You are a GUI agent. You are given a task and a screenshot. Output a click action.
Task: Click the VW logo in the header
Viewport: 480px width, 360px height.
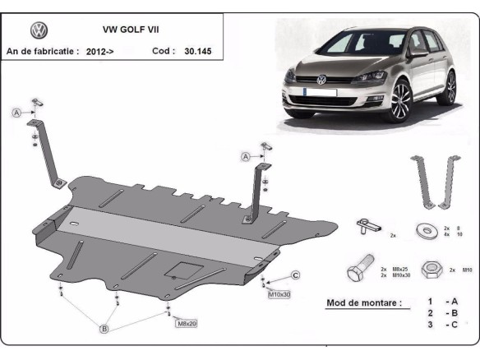coord(39,30)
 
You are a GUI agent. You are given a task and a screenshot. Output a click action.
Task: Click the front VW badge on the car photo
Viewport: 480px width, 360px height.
coord(322,80)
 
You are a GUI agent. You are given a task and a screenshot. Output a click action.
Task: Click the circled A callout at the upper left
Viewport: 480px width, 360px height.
coord(16,113)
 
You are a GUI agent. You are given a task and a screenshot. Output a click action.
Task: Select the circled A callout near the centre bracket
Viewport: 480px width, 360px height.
coord(245,156)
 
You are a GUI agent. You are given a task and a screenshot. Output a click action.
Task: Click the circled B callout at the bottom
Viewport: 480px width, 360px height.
coord(104,330)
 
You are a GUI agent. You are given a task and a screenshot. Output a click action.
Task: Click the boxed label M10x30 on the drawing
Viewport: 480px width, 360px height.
coord(279,293)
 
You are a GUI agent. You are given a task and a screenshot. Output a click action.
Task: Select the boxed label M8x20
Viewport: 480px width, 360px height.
coord(186,323)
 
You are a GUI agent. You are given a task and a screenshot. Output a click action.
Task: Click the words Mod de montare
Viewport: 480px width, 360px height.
coord(363,302)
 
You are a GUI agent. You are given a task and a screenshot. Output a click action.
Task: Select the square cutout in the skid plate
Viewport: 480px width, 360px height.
coord(180,270)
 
